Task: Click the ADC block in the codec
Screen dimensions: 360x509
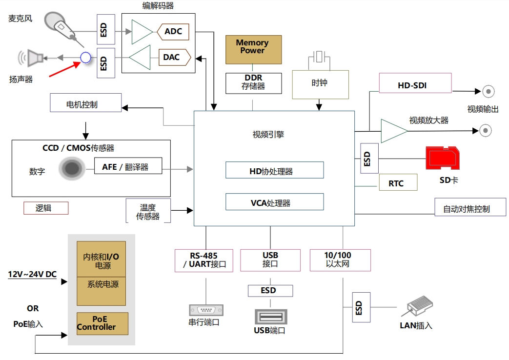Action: click(173, 32)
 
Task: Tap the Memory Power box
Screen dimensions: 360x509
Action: click(253, 49)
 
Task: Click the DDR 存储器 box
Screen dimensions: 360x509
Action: click(253, 83)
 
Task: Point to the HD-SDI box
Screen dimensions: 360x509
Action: click(413, 86)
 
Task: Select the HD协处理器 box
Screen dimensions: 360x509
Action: click(274, 170)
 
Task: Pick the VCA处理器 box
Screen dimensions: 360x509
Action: click(274, 202)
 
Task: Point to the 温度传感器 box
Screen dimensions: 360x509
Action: click(148, 211)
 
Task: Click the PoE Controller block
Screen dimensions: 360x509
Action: click(102, 323)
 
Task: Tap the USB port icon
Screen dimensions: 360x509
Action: click(270, 317)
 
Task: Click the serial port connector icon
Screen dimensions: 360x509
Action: click(205, 310)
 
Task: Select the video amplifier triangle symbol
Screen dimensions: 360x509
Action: click(393, 131)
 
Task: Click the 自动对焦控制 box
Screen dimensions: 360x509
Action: click(469, 207)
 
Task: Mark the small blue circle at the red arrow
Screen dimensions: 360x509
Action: click(85, 58)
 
